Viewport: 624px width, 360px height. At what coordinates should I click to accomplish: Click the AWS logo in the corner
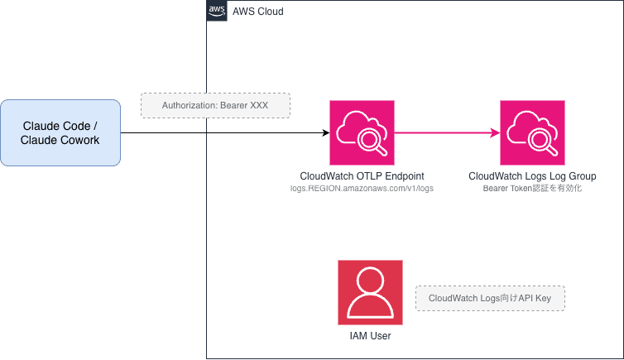pyautogui.click(x=217, y=11)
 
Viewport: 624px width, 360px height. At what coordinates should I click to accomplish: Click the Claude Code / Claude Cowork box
pyautogui.click(x=60, y=132)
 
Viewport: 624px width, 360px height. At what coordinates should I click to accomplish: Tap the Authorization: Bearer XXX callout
pyautogui.click(x=215, y=106)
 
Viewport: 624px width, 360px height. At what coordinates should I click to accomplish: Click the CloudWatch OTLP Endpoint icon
pyautogui.click(x=362, y=132)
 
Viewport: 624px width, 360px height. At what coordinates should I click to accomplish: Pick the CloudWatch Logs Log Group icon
pyautogui.click(x=532, y=132)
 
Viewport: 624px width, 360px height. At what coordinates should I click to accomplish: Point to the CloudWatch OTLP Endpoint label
pyautogui.click(x=362, y=176)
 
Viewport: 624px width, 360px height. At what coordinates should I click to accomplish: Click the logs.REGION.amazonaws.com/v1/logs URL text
pyautogui.click(x=362, y=189)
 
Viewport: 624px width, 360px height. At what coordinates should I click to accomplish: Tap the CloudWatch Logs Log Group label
pyautogui.click(x=532, y=176)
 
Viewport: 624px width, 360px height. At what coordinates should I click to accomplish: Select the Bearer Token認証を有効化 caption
pyautogui.click(x=532, y=189)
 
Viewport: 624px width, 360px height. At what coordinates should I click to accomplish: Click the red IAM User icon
pyautogui.click(x=370, y=292)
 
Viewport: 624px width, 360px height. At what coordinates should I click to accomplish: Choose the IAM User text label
pyautogui.click(x=370, y=336)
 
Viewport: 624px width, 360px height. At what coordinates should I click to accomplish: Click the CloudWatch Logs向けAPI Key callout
pyautogui.click(x=490, y=298)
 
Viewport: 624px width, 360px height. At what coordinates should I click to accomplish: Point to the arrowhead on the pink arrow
pyautogui.click(x=495, y=132)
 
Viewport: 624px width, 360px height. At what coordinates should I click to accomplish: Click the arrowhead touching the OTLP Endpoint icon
pyautogui.click(x=324, y=132)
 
